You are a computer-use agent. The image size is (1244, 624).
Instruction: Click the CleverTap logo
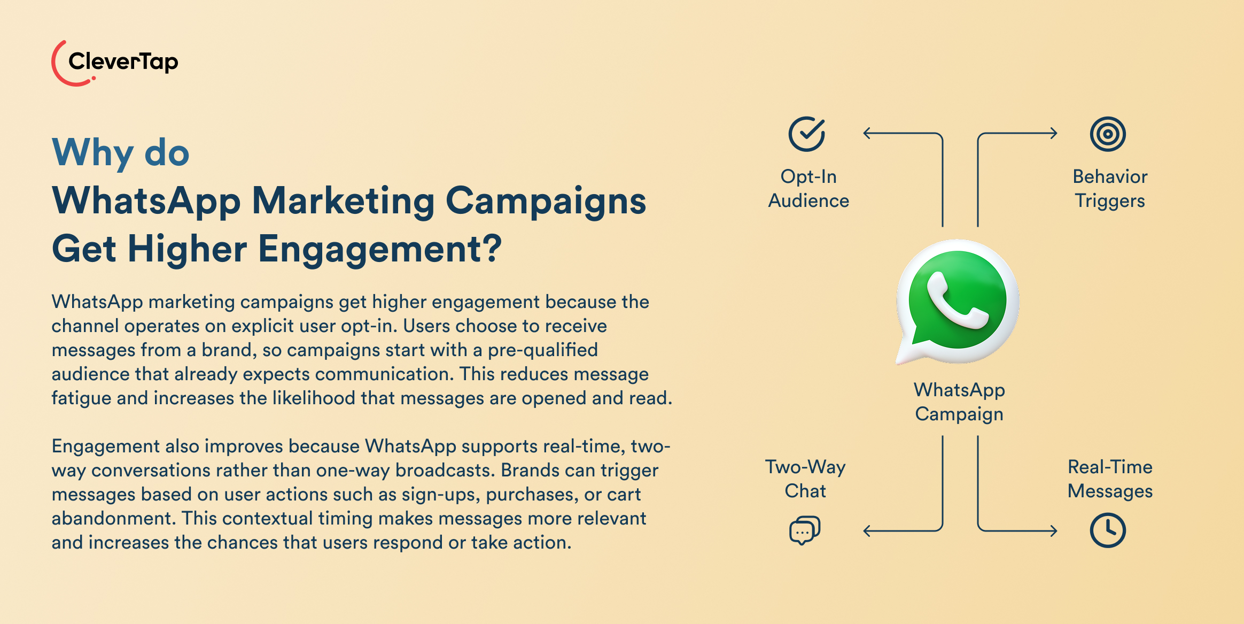pyautogui.click(x=115, y=63)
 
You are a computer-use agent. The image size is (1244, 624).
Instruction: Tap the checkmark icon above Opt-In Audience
pyautogui.click(x=807, y=134)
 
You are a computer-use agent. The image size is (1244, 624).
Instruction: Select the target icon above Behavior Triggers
pyautogui.click(x=1108, y=134)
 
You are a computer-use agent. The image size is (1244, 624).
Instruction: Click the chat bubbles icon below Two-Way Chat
pyautogui.click(x=805, y=530)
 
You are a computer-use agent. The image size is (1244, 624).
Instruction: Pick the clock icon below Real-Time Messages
pyautogui.click(x=1108, y=530)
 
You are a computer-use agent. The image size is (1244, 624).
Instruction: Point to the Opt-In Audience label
pyautogui.click(x=808, y=188)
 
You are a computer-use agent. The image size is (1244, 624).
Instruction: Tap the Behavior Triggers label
pyautogui.click(x=1110, y=188)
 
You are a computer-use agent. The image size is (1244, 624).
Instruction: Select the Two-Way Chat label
pyautogui.click(x=805, y=479)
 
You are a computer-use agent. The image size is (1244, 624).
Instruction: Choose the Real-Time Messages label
pyautogui.click(x=1110, y=479)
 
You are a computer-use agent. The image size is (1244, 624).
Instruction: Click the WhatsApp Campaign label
pyautogui.click(x=959, y=402)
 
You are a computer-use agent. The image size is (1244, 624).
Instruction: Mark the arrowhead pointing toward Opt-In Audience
pyautogui.click(x=867, y=133)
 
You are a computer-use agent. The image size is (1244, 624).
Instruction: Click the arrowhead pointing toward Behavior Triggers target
pyautogui.click(x=1054, y=133)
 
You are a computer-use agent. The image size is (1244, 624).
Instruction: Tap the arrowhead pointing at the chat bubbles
pyautogui.click(x=867, y=531)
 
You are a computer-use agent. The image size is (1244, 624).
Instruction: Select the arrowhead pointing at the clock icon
pyautogui.click(x=1054, y=531)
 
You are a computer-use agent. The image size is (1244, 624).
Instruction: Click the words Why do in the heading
pyautogui.click(x=121, y=153)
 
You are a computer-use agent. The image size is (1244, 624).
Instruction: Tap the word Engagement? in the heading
pyautogui.click(x=380, y=249)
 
